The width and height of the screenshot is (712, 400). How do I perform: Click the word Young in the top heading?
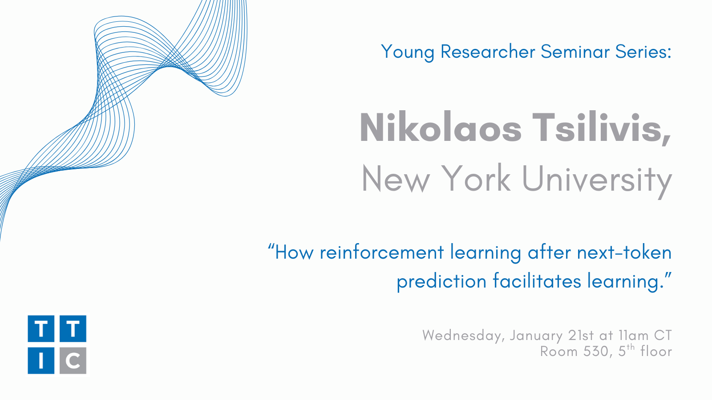(x=408, y=52)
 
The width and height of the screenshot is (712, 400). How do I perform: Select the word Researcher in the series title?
(x=488, y=52)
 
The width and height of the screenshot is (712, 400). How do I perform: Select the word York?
(x=476, y=178)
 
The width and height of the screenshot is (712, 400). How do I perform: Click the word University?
(x=597, y=181)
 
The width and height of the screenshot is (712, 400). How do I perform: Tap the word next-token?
(x=624, y=253)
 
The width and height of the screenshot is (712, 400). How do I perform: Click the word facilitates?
(x=537, y=280)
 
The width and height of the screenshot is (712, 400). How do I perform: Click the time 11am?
(x=634, y=335)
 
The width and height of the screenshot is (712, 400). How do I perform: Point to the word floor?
(x=656, y=351)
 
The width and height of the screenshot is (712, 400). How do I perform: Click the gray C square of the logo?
(x=73, y=360)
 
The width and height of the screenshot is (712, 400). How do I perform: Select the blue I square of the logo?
(x=41, y=360)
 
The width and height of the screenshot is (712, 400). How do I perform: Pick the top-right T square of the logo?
(x=73, y=329)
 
